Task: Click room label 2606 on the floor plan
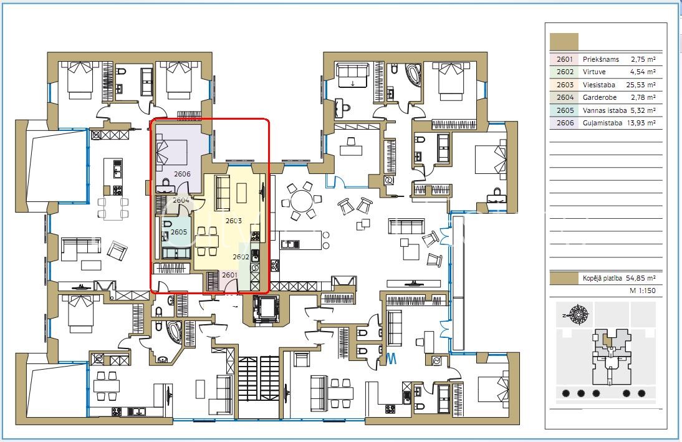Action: [x=182, y=174]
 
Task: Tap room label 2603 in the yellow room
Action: [x=234, y=221]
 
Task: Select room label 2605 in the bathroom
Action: [x=179, y=232]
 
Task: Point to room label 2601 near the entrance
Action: [x=229, y=275]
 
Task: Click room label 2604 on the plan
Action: [x=181, y=201]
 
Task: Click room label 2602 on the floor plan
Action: [x=241, y=257]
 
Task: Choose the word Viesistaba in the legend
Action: [x=599, y=85]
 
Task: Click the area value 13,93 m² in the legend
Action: [x=641, y=123]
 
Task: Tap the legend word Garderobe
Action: [x=600, y=97]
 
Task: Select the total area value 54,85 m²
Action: [x=641, y=278]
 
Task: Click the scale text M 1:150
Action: [x=643, y=291]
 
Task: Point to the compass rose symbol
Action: [x=579, y=315]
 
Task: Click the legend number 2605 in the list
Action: [x=565, y=110]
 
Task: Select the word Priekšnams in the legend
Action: [x=601, y=59]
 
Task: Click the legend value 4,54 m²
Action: [x=643, y=72]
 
